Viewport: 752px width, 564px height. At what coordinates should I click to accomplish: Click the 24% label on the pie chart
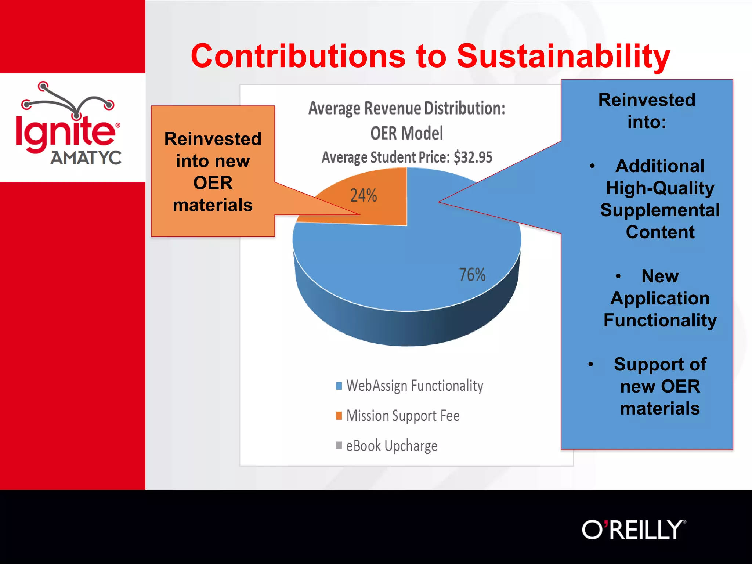[x=364, y=195]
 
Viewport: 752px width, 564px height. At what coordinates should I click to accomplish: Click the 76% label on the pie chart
[x=472, y=275]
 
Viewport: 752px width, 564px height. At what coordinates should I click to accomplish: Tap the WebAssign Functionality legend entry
[x=414, y=386]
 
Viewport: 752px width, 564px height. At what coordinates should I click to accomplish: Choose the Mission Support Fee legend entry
[x=402, y=416]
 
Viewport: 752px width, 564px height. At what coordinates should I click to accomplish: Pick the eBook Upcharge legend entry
[x=391, y=446]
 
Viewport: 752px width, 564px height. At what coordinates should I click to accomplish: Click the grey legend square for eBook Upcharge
[x=339, y=445]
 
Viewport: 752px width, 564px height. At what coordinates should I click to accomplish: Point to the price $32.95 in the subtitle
[x=473, y=157]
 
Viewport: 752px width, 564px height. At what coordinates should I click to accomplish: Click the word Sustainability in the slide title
[x=563, y=56]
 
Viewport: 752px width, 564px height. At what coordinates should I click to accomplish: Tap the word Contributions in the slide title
[x=298, y=56]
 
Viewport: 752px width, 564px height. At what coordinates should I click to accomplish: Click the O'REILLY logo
[x=633, y=529]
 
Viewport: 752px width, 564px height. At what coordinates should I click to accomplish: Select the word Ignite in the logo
[x=65, y=132]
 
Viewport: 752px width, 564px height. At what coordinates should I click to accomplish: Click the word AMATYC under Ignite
[x=86, y=158]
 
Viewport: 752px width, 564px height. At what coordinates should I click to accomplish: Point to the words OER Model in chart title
[x=406, y=133]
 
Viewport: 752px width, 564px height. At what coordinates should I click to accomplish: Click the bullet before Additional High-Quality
[x=592, y=166]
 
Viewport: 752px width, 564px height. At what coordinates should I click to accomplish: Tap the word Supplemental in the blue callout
[x=660, y=210]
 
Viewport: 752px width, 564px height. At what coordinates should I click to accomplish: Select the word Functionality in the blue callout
[x=660, y=320]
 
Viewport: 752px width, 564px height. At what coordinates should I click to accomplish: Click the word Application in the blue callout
[x=660, y=298]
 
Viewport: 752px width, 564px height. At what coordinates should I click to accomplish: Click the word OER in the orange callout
[x=213, y=183]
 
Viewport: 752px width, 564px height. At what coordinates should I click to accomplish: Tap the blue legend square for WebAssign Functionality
[x=339, y=386]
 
